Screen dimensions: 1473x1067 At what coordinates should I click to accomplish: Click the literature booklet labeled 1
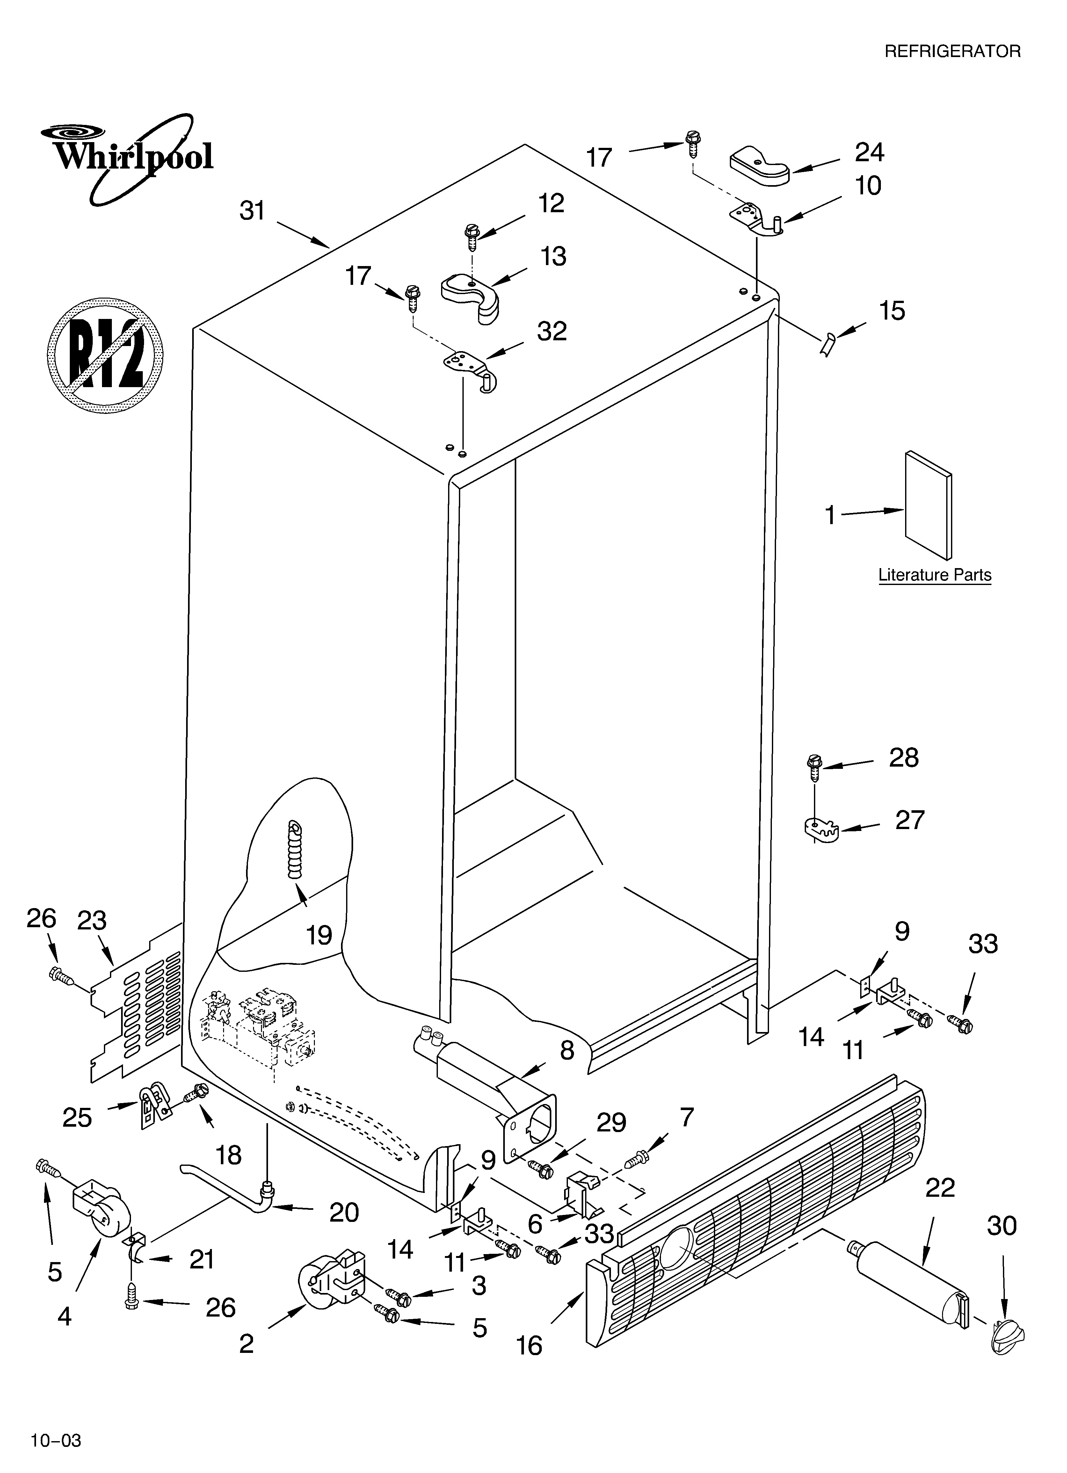(928, 505)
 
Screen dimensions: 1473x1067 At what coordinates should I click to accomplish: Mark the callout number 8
(567, 1050)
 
